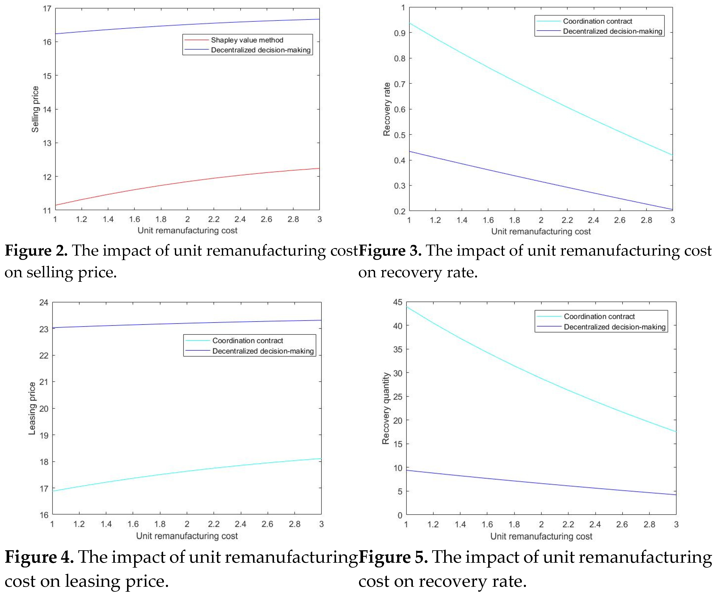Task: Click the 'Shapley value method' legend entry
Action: tap(247, 40)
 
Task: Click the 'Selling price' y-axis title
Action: tap(35, 109)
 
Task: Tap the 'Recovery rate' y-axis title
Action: tap(387, 109)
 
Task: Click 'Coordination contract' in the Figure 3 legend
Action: tap(597, 21)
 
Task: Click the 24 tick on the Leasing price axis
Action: tap(44, 302)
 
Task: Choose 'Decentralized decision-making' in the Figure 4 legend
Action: tap(263, 351)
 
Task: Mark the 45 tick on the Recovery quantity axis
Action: tap(398, 302)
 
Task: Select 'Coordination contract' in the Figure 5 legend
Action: tap(599, 317)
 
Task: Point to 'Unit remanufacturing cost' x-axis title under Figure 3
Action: tap(541, 232)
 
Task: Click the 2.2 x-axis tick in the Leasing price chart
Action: tap(214, 524)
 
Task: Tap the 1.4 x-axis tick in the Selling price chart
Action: tap(108, 219)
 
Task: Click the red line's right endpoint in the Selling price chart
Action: tap(319, 168)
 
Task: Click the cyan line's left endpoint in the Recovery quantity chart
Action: tap(406, 307)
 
